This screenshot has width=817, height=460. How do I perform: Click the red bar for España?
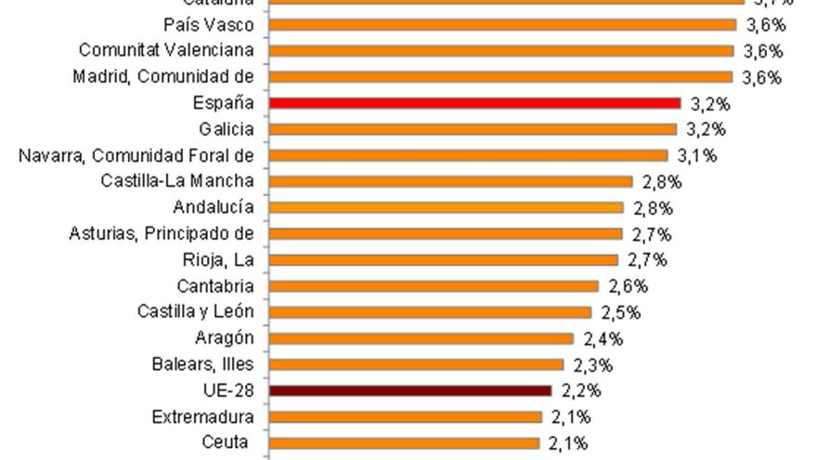tap(474, 103)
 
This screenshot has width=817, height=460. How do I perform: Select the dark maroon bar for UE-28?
tap(409, 390)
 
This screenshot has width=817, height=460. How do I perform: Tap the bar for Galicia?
tap(473, 129)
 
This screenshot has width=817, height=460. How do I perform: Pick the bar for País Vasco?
tap(502, 25)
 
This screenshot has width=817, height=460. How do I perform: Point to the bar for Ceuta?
tap(404, 443)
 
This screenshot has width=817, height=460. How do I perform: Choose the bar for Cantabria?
tap(434, 286)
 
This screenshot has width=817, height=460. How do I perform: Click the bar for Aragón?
tap(421, 338)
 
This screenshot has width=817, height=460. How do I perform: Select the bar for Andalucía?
tap(446, 207)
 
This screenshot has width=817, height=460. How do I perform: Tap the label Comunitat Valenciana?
tap(166, 50)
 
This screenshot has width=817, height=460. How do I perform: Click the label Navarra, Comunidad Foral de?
tap(136, 155)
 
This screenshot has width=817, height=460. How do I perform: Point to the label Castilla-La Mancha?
tap(177, 181)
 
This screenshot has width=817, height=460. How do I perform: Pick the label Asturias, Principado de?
tap(162, 233)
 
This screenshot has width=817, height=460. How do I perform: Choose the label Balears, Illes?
tap(202, 364)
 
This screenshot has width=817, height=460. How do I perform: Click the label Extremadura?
tap(202, 417)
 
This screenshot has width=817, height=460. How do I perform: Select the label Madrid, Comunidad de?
tap(163, 76)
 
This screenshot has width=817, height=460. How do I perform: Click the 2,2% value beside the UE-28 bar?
tap(580, 390)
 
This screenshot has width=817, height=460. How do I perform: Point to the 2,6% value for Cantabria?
tap(629, 286)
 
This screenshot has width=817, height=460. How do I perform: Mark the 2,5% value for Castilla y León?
tap(620, 312)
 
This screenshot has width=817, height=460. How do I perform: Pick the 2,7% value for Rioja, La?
tap(647, 259)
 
